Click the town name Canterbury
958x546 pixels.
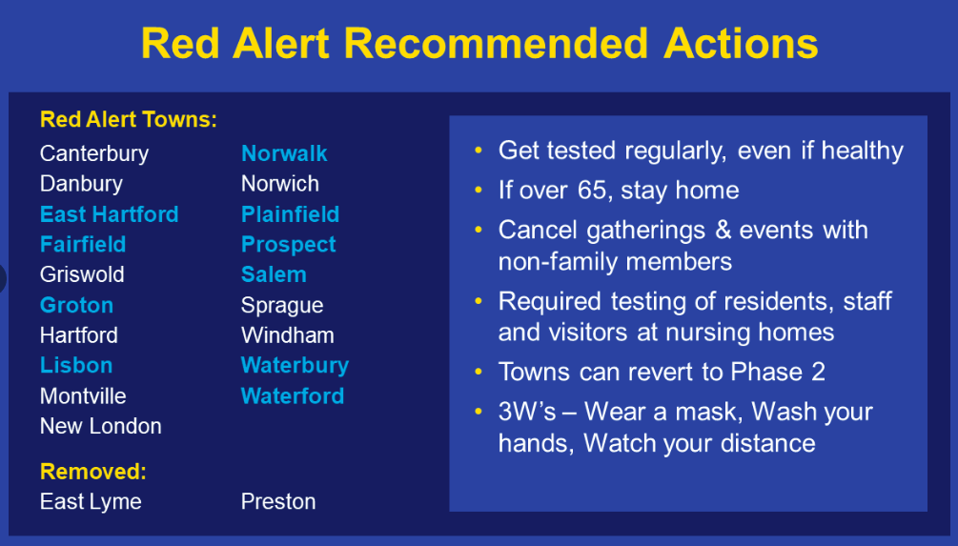click(x=94, y=154)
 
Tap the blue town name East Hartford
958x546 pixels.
click(x=110, y=214)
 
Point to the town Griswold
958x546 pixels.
click(x=82, y=274)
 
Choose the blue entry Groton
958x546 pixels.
click(x=76, y=305)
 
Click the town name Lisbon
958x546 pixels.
click(x=76, y=365)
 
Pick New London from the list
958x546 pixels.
click(x=101, y=426)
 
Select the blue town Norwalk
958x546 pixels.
click(x=284, y=153)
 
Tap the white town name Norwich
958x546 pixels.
click(x=280, y=184)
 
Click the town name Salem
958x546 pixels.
click(x=274, y=274)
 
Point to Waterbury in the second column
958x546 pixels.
click(x=296, y=366)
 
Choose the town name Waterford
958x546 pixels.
click(x=293, y=395)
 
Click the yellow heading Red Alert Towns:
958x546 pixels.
click(x=129, y=119)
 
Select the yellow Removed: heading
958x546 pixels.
click(x=92, y=472)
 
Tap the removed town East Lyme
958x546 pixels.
click(x=91, y=502)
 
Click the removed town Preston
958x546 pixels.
click(x=278, y=501)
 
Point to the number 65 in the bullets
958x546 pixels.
click(x=593, y=190)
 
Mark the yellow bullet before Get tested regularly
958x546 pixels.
click(x=479, y=151)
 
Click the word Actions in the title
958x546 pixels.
click(x=741, y=44)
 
